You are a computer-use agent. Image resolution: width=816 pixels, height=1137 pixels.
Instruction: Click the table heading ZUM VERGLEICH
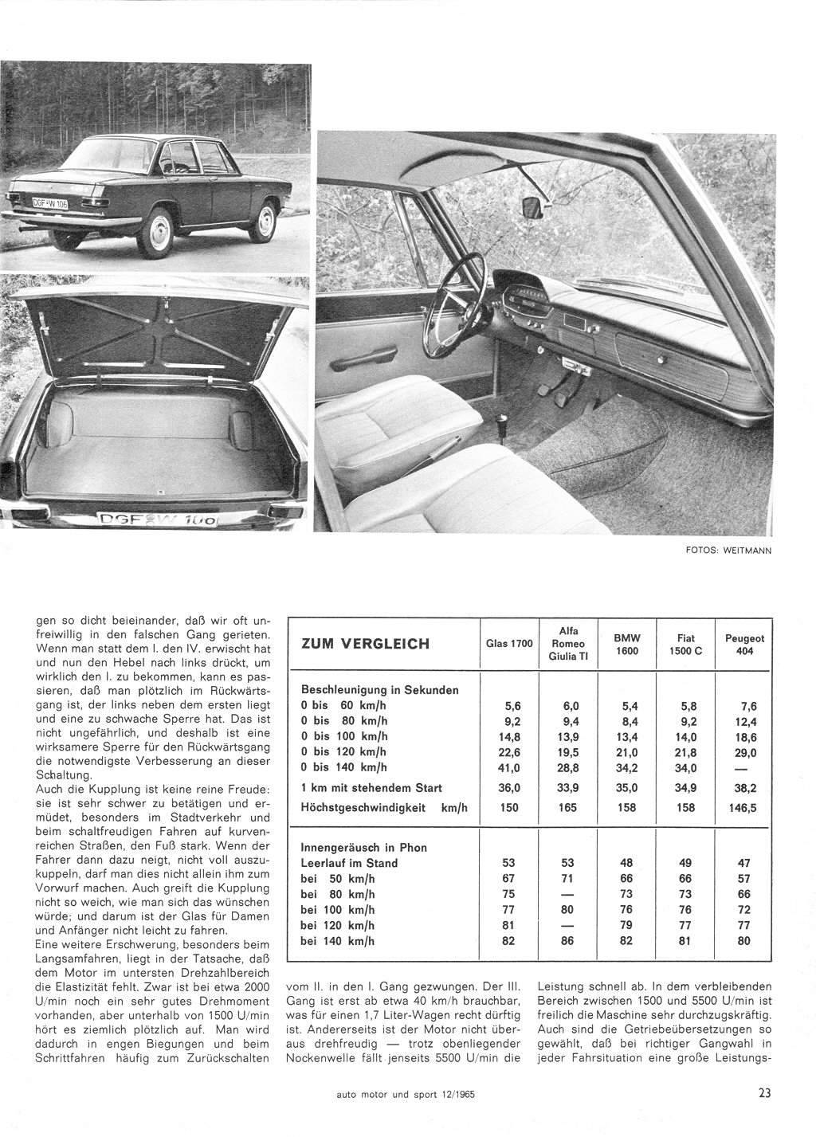coord(366,644)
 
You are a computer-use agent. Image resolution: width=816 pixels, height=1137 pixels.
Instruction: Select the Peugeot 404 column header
coord(744,644)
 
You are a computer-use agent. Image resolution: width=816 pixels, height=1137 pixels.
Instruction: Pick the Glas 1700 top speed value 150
coord(508,807)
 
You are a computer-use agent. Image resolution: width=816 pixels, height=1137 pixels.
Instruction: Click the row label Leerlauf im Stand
coord(350,862)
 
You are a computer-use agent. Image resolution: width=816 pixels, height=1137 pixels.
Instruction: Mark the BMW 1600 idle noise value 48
coord(629,862)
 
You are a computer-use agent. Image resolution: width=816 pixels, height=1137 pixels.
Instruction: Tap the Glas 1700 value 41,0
coord(507,767)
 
